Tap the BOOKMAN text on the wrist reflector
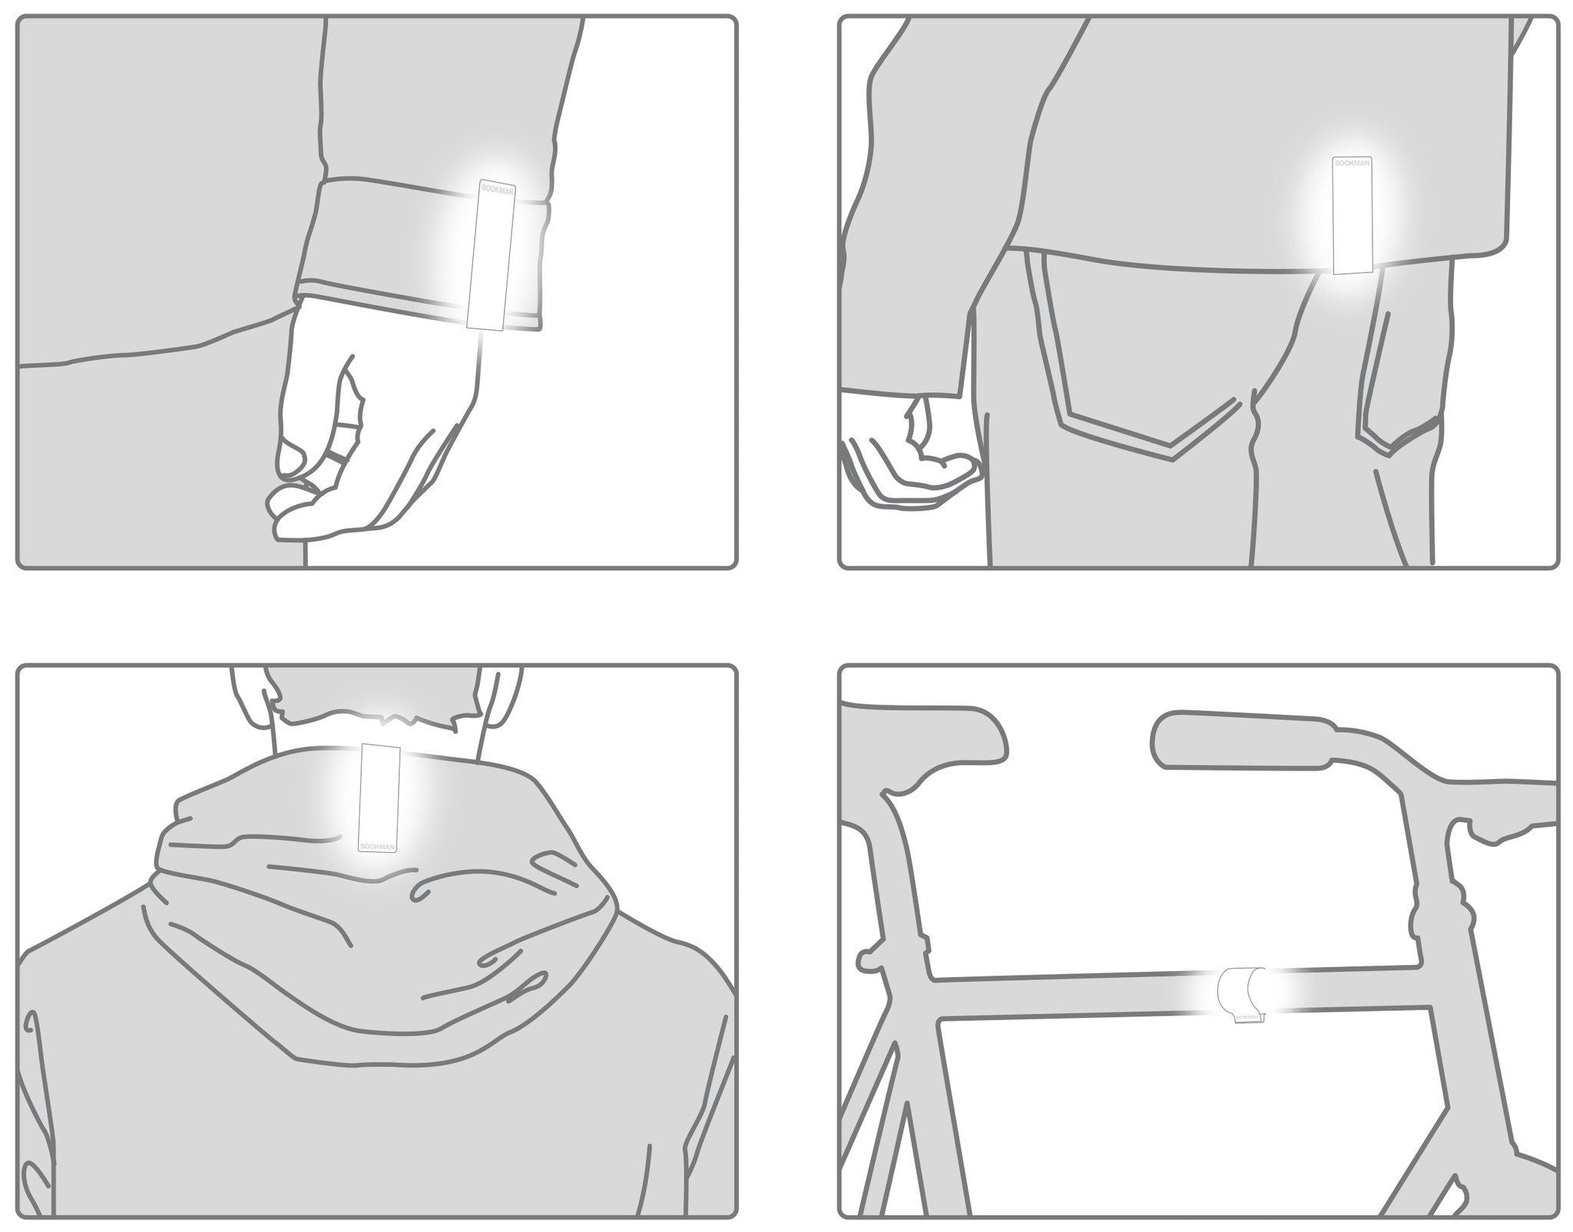point(498,189)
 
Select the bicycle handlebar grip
point(1237,739)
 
